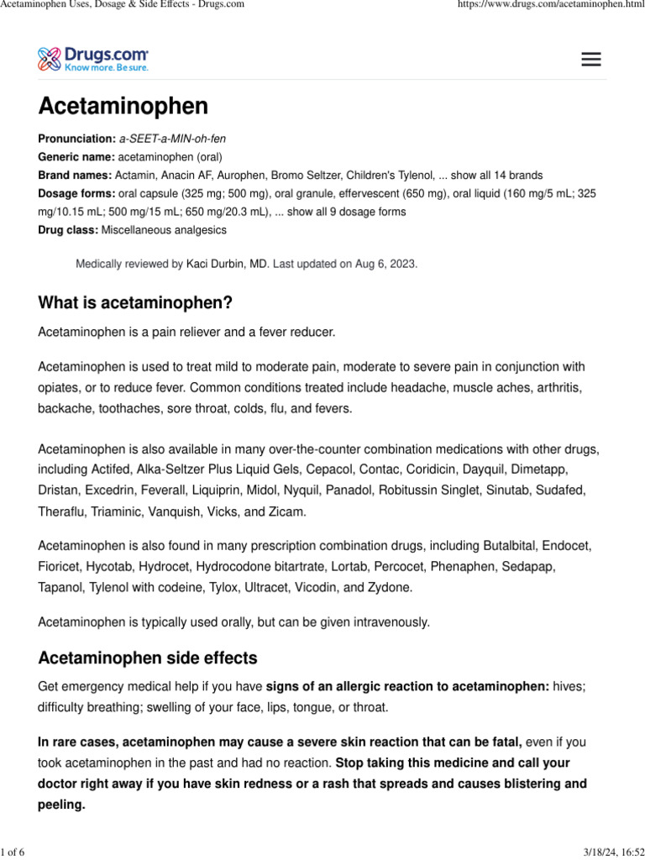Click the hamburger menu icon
[x=591, y=59]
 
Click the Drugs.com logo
[x=94, y=59]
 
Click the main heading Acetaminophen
[x=123, y=107]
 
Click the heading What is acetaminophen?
[x=135, y=302]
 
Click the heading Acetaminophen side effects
[x=148, y=658]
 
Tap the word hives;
[x=569, y=687]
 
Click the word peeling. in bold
[x=62, y=804]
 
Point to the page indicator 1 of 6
[x=13, y=853]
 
